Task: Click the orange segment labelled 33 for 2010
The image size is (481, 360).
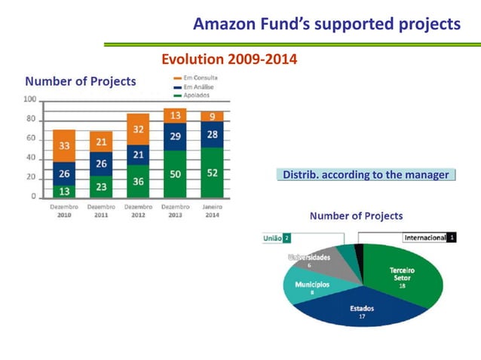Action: (64, 145)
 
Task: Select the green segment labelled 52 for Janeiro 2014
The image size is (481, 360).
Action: (212, 172)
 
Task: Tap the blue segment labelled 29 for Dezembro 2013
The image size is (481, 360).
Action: (175, 136)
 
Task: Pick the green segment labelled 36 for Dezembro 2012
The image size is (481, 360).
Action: (138, 182)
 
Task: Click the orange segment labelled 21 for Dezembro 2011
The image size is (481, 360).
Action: (101, 142)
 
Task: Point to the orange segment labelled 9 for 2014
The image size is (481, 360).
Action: (212, 116)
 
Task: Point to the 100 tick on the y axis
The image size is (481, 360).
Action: (30, 99)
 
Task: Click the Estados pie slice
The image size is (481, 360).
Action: (362, 309)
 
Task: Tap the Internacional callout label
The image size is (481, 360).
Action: (429, 237)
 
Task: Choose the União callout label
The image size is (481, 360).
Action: (276, 238)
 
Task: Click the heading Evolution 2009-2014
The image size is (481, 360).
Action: (229, 59)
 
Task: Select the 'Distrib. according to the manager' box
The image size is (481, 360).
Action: (365, 175)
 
